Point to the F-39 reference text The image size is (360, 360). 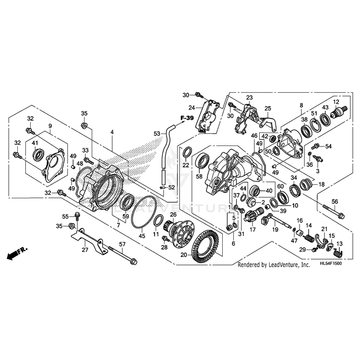(x=187, y=118)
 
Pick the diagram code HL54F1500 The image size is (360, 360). (x=333, y=264)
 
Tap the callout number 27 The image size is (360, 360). (x=85, y=250)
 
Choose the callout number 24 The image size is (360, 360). (x=191, y=107)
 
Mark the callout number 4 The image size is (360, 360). (x=112, y=132)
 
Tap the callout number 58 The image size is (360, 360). (x=199, y=177)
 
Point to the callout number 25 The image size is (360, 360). (x=268, y=108)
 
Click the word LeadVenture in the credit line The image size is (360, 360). (x=281, y=264)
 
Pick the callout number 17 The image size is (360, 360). (x=252, y=230)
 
